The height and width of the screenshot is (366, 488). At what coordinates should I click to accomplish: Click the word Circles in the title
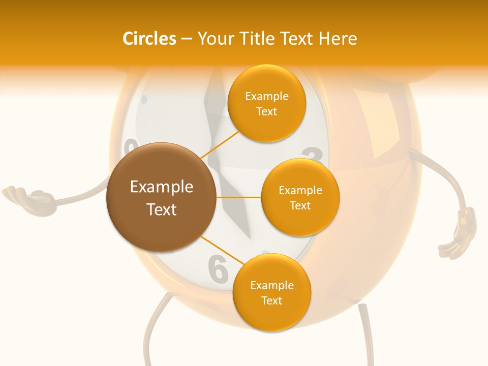point(149,39)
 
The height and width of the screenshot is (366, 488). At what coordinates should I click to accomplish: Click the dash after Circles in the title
point(187,39)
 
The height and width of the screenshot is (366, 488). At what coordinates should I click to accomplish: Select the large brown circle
point(161,197)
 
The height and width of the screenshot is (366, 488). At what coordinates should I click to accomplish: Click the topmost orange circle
point(266,103)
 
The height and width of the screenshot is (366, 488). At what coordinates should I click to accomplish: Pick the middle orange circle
point(300,197)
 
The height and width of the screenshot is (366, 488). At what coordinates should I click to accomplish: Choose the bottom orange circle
point(271,292)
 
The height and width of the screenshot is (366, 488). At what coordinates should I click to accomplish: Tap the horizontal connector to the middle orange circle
point(238,197)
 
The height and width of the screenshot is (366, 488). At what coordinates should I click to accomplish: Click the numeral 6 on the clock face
point(218,269)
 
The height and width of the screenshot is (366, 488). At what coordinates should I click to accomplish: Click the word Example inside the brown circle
point(162,187)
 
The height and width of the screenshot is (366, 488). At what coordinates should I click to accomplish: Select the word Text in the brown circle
point(162,209)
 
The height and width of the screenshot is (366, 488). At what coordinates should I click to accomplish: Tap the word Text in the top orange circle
point(266,111)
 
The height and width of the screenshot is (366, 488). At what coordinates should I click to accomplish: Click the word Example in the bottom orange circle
point(271,285)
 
